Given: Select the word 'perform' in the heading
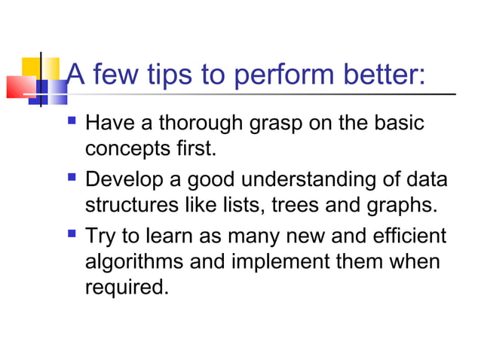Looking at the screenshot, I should coord(270,77).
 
